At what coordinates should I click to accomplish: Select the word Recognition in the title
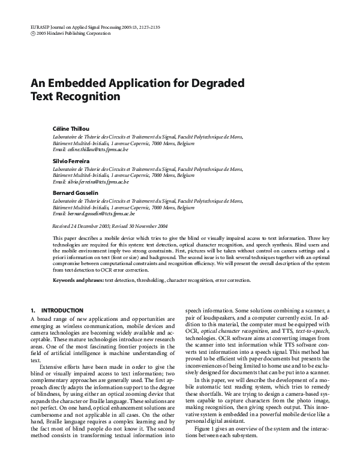(88, 96)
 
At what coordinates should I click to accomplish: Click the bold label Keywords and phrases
(78, 280)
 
